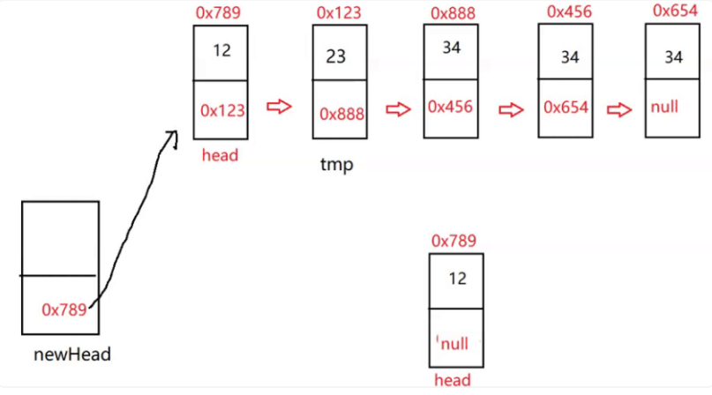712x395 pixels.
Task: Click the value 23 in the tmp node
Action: pos(335,56)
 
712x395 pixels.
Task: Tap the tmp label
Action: pos(336,164)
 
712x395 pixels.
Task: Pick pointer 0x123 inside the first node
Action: pos(222,110)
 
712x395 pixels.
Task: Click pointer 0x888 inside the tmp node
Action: pos(341,114)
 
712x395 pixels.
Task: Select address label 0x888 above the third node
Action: pos(452,13)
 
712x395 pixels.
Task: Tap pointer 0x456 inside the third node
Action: pos(450,106)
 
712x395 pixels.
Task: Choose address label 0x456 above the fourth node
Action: pos(569,11)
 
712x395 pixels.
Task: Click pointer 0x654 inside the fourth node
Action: pos(566,107)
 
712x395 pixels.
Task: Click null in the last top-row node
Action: pos(664,107)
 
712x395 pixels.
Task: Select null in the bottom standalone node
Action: pos(454,343)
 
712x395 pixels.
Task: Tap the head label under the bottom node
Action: pos(453,381)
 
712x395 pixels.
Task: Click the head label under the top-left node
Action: pos(221,155)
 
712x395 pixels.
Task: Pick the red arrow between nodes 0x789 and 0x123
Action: pos(279,107)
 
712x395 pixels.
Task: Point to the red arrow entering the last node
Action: pos(620,109)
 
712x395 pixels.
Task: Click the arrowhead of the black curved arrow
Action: pos(170,135)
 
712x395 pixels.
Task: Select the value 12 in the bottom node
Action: pos(457,279)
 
